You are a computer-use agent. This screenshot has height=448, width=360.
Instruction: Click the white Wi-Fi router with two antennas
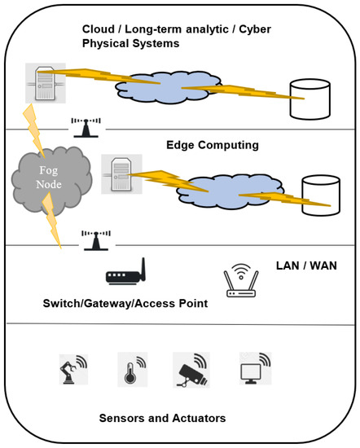(x=241, y=281)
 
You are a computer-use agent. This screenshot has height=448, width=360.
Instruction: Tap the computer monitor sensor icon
(x=252, y=368)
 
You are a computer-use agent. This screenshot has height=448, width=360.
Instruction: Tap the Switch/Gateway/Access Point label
(x=125, y=304)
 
